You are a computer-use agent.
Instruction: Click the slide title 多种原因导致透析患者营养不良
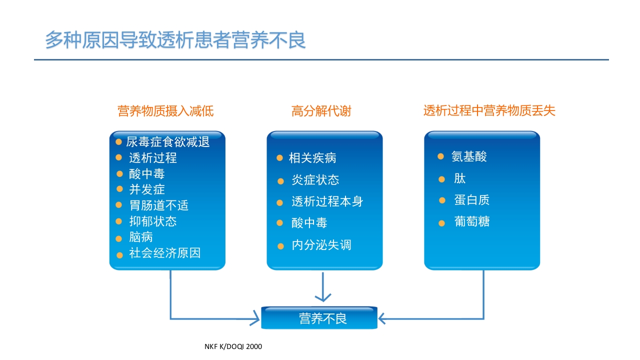175,40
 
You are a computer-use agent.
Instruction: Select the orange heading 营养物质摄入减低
165,110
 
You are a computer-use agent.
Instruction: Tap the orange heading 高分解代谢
321,110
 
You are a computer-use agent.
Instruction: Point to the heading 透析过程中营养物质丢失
489,110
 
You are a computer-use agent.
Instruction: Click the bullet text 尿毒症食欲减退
167,142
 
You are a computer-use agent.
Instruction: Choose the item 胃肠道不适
158,205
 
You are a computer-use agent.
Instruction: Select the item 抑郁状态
152,221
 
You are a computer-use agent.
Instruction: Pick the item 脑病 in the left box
141,237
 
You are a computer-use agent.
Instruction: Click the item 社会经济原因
164,253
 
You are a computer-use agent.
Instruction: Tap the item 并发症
147,189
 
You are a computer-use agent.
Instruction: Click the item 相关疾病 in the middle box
312,158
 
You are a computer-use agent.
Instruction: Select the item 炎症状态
315,180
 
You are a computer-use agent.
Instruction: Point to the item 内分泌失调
321,245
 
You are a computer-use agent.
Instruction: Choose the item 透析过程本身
327,201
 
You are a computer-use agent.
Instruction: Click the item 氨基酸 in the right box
469,156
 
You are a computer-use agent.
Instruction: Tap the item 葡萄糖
471,221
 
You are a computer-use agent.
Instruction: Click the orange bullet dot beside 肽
441,179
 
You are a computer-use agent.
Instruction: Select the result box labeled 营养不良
319,318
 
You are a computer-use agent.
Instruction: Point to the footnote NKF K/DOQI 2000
233,346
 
